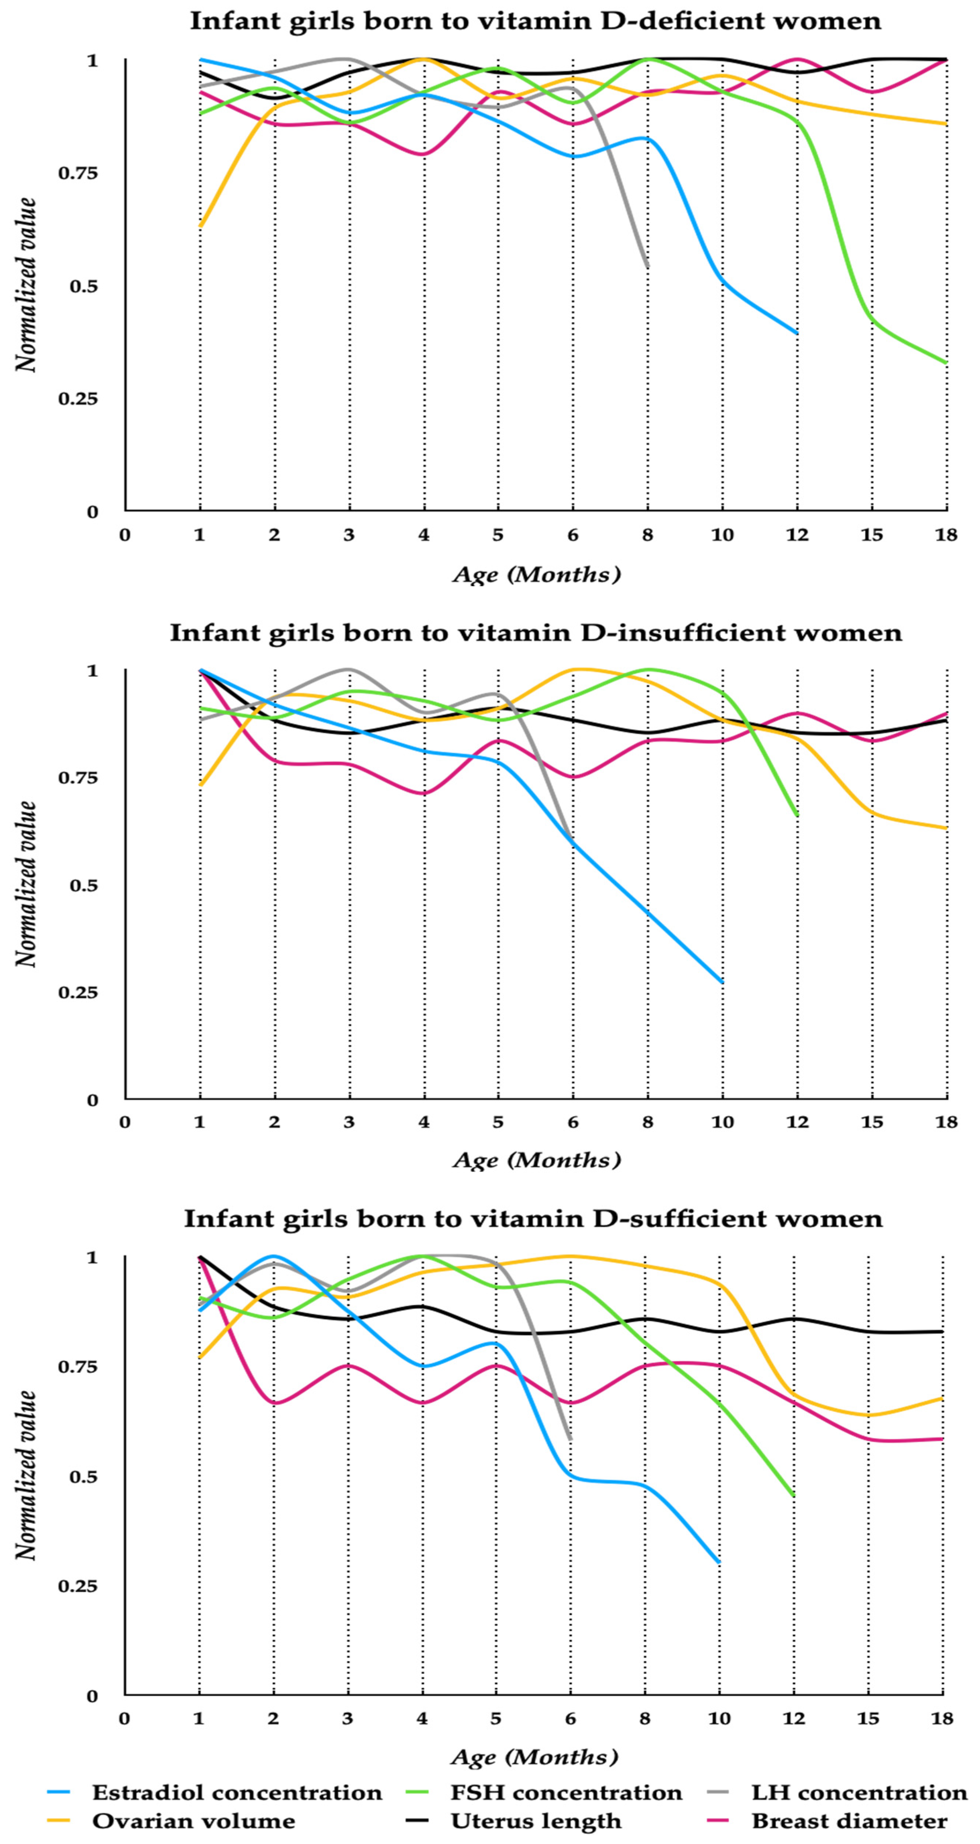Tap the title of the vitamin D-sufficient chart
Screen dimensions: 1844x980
tap(533, 1218)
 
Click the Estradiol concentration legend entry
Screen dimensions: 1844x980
tap(236, 1793)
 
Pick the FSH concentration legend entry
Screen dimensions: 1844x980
tap(565, 1793)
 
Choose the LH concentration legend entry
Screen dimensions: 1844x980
tap(859, 1793)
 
